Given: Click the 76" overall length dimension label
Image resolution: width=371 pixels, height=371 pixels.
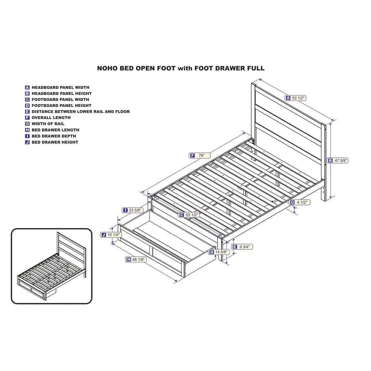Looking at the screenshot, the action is point(200,155).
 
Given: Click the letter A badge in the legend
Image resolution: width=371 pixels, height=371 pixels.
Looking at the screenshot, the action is point(27,88).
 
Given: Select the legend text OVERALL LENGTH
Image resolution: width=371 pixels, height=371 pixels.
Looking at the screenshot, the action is point(51,118).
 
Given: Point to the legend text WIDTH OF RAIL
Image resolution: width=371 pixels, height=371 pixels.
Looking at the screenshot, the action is point(48,124).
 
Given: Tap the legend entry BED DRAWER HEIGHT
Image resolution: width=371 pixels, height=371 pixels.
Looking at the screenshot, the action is point(55,142).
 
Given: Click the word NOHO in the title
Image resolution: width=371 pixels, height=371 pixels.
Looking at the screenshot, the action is point(107,68).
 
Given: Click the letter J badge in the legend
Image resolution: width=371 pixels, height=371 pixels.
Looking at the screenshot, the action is point(27,142).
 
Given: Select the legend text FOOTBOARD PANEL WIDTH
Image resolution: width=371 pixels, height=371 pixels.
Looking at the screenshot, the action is point(60,99).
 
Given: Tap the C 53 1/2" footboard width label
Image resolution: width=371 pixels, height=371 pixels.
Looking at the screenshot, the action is point(189,215).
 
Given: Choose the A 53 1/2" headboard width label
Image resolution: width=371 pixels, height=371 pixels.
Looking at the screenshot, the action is point(296,98).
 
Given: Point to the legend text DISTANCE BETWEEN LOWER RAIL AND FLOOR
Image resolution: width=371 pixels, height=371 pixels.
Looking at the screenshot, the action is point(81,111).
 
